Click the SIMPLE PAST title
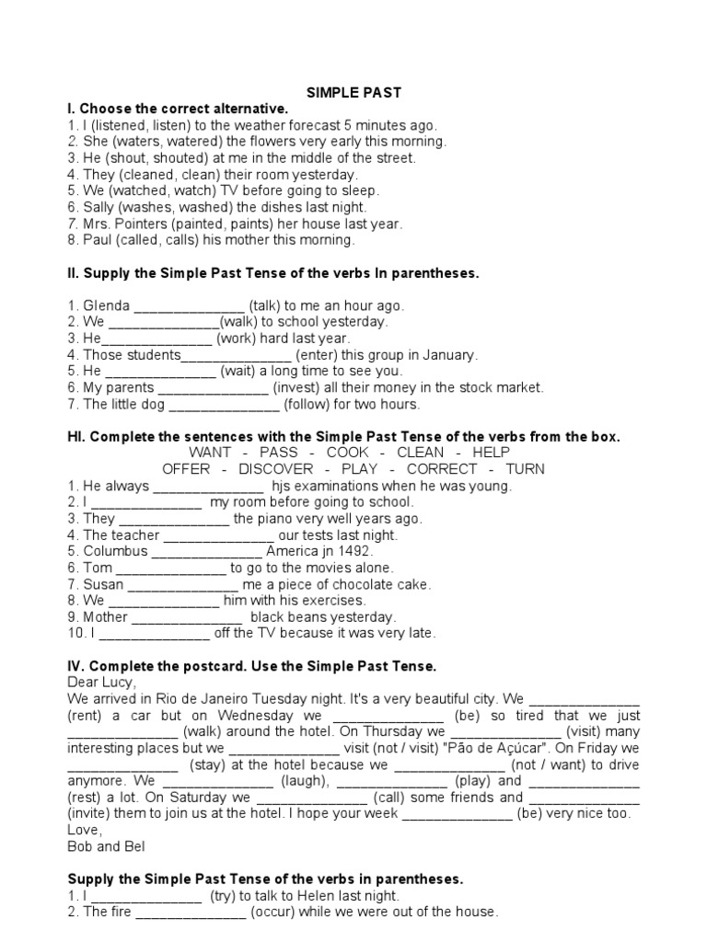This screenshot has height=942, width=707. [353, 92]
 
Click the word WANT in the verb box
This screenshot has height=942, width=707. [210, 453]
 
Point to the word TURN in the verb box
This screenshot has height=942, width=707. [526, 469]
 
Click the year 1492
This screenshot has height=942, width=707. [353, 551]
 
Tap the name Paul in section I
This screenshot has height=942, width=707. [98, 240]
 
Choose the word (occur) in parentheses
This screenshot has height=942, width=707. [278, 913]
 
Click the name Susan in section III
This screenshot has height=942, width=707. [104, 584]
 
